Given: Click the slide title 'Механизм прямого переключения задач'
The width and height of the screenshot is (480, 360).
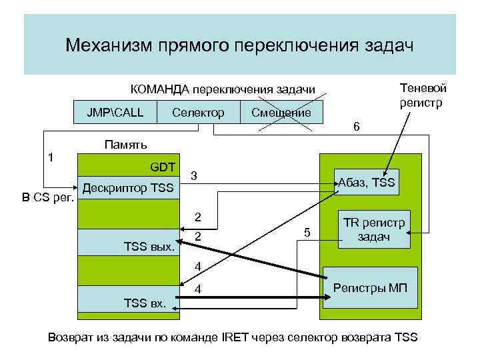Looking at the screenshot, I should (x=239, y=45).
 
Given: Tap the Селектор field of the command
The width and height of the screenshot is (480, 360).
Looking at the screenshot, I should (x=198, y=112).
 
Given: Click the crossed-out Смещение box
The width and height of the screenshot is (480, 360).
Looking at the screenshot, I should (x=281, y=112).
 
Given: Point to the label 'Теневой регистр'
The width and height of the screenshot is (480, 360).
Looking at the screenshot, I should (x=423, y=95).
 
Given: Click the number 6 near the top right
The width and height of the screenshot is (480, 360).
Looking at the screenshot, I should (x=357, y=127).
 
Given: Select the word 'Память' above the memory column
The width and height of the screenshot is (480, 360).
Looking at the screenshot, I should (x=126, y=145).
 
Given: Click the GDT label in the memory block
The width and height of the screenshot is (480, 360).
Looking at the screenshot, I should (x=163, y=167).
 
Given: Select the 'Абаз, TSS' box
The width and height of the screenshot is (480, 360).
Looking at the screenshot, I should (x=367, y=182).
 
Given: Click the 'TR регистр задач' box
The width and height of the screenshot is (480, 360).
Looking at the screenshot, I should (x=374, y=230).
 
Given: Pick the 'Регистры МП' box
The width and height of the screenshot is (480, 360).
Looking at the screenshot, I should (x=370, y=288).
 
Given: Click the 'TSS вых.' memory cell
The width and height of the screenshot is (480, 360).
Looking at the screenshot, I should (x=127, y=242).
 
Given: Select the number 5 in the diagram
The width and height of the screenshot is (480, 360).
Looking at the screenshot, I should (x=307, y=233).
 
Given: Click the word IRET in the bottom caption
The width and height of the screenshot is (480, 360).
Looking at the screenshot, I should (x=233, y=337).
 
